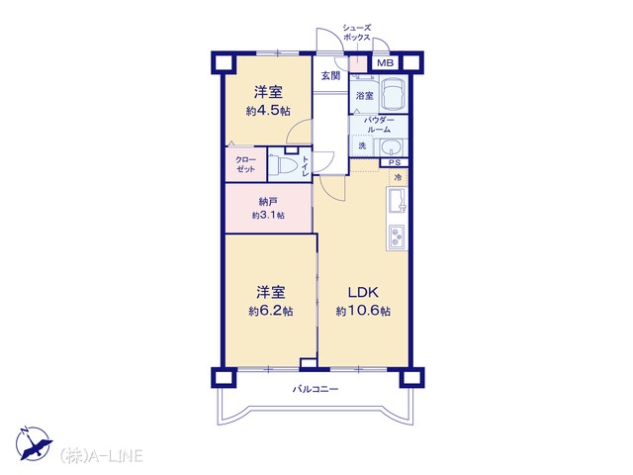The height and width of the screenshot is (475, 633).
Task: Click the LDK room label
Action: click(363, 292)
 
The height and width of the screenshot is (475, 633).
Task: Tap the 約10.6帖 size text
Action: click(363, 311)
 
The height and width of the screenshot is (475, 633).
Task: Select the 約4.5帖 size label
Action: click(268, 111)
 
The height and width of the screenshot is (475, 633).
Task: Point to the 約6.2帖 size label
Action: click(270, 311)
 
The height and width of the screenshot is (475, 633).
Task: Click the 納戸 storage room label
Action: click(268, 201)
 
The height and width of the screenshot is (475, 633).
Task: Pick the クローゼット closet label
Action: click(246, 164)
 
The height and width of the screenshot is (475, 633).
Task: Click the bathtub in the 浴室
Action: click(394, 94)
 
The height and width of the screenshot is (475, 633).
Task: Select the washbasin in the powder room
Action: click(391, 147)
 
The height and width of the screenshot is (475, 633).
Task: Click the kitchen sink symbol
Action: click(398, 201)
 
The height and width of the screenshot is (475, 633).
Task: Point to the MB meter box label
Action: click(385, 63)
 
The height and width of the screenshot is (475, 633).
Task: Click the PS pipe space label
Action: click(395, 162)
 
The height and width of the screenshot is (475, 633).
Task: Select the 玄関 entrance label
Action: click(330, 76)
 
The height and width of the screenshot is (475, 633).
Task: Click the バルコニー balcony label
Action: click(316, 389)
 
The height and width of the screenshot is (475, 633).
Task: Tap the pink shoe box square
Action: click(358, 63)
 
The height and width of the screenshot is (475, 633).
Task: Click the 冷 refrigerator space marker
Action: click(398, 177)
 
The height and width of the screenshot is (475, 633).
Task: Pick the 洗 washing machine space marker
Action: click(362, 145)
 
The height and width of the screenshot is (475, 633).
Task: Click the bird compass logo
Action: click(34, 443)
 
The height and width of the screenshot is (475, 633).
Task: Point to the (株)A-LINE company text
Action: click(101, 455)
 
